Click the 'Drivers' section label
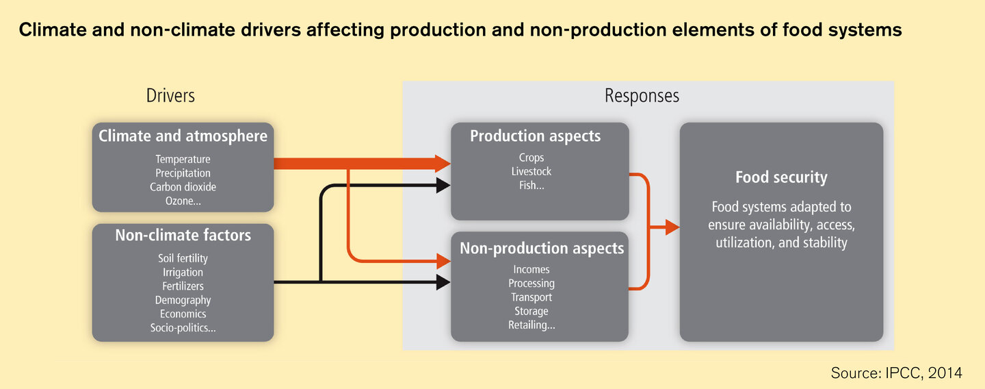(x=170, y=95)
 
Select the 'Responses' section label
(x=642, y=96)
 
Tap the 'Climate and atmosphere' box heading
(x=183, y=136)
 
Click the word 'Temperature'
(x=183, y=159)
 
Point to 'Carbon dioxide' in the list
(x=183, y=186)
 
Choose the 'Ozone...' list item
(x=183, y=201)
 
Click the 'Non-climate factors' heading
(x=183, y=235)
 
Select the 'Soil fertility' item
(x=183, y=258)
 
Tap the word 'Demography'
(x=183, y=300)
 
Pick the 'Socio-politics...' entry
(x=183, y=328)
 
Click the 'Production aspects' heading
(x=535, y=136)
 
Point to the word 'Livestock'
(x=531, y=171)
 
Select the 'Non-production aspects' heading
(x=542, y=248)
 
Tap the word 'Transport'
(x=531, y=297)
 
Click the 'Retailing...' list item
(x=531, y=325)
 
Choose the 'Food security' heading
(x=781, y=177)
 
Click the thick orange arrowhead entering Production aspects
(x=443, y=163)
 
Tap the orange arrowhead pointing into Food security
(x=672, y=227)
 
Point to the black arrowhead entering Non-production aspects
(x=443, y=282)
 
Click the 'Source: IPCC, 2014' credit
(x=896, y=373)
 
